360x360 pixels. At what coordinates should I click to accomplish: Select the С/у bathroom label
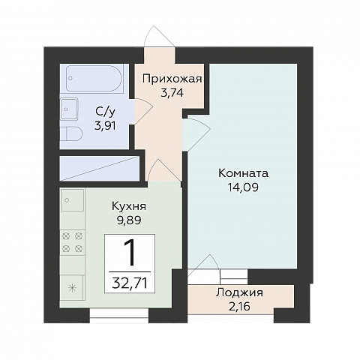click(x=104, y=112)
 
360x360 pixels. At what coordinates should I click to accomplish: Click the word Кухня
click(x=128, y=205)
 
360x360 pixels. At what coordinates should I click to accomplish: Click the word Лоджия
click(x=239, y=293)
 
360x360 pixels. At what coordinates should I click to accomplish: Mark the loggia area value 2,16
click(x=239, y=306)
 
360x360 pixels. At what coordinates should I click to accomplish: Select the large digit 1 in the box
click(x=129, y=253)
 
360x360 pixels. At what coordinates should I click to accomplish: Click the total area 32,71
click(x=129, y=283)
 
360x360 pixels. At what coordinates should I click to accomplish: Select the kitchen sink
click(x=73, y=200)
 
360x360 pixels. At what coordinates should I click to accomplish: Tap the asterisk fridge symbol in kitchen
click(x=73, y=287)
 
